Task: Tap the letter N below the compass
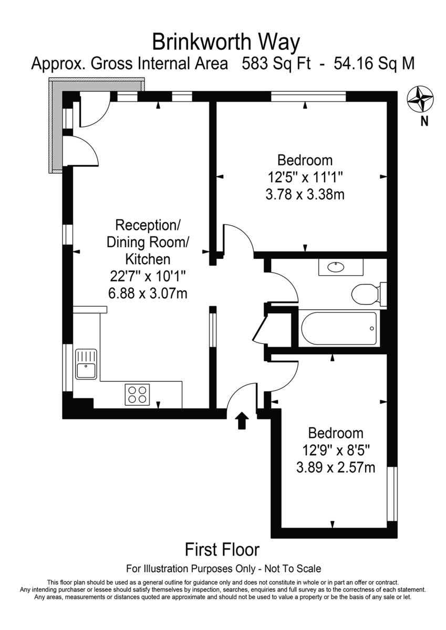click(x=424, y=122)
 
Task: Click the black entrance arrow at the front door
click(x=242, y=421)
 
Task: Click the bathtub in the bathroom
click(x=339, y=329)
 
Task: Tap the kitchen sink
click(x=85, y=364)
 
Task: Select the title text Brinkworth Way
click(x=226, y=41)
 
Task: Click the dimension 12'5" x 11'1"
click(x=305, y=177)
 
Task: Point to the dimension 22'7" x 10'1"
click(x=147, y=276)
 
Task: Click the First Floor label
click(x=222, y=550)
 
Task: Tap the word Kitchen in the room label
click(x=147, y=259)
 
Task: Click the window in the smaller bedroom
click(x=391, y=493)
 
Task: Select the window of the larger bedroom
click(x=308, y=96)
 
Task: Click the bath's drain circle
click(x=371, y=329)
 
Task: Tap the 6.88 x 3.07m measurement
click(x=147, y=292)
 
